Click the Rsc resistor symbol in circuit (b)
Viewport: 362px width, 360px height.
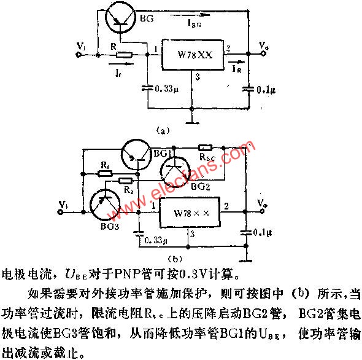[205, 148]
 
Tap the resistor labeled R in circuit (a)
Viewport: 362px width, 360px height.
[124, 55]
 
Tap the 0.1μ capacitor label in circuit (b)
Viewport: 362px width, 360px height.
[265, 232]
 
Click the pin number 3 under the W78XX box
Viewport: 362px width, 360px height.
[197, 77]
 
